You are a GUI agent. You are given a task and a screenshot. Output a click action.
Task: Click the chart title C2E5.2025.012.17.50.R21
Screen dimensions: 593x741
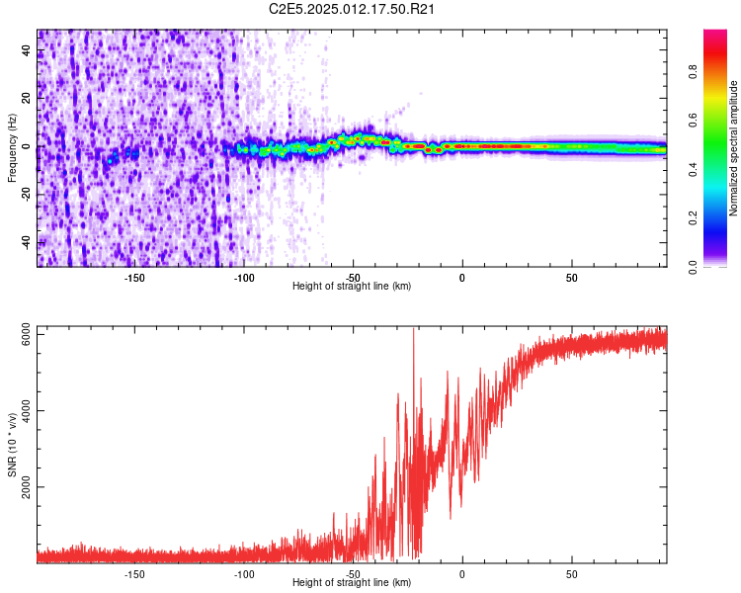pos(353,9)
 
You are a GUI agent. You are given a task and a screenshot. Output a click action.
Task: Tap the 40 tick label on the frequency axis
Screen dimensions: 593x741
pos(27,51)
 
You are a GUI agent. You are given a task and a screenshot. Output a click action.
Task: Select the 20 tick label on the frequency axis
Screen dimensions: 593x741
pos(27,99)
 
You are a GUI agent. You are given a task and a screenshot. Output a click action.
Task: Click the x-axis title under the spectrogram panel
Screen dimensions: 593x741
pos(352,286)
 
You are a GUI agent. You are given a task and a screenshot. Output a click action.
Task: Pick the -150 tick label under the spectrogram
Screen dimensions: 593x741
pos(134,277)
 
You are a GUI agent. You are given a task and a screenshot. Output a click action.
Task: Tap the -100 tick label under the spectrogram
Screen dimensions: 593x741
pos(244,277)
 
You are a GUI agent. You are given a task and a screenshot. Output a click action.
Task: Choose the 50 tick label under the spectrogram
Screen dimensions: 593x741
pos(571,277)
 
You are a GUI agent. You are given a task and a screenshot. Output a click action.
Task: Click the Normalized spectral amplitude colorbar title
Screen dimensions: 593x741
pos(734,148)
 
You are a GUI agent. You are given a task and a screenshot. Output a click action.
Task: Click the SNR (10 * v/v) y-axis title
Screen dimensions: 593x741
pos(12,445)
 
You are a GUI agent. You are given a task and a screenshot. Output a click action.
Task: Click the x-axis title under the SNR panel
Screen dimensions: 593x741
pos(352,582)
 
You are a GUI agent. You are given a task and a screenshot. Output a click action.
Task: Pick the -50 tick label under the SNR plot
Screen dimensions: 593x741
pos(353,573)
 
